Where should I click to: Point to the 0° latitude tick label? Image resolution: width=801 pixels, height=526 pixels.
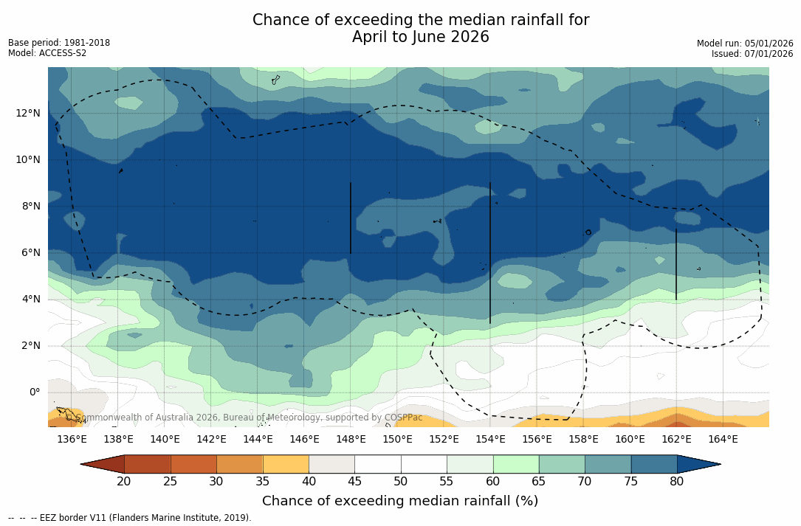click(35, 392)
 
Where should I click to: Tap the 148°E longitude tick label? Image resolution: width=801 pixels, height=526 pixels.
click(351, 440)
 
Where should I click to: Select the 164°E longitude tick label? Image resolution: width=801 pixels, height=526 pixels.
click(723, 440)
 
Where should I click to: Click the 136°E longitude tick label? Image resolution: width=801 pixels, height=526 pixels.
click(72, 440)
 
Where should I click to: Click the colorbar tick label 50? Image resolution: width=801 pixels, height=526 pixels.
click(401, 482)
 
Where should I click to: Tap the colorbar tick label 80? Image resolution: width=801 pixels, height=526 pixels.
click(677, 482)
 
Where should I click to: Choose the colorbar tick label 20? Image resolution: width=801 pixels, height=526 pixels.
click(124, 482)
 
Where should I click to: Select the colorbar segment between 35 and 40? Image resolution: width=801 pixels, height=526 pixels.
click(286, 464)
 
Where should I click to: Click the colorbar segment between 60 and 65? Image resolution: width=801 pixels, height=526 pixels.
click(516, 464)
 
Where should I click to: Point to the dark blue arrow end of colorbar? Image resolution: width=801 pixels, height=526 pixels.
click(698, 464)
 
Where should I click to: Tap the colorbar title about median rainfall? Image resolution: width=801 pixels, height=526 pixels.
click(400, 502)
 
